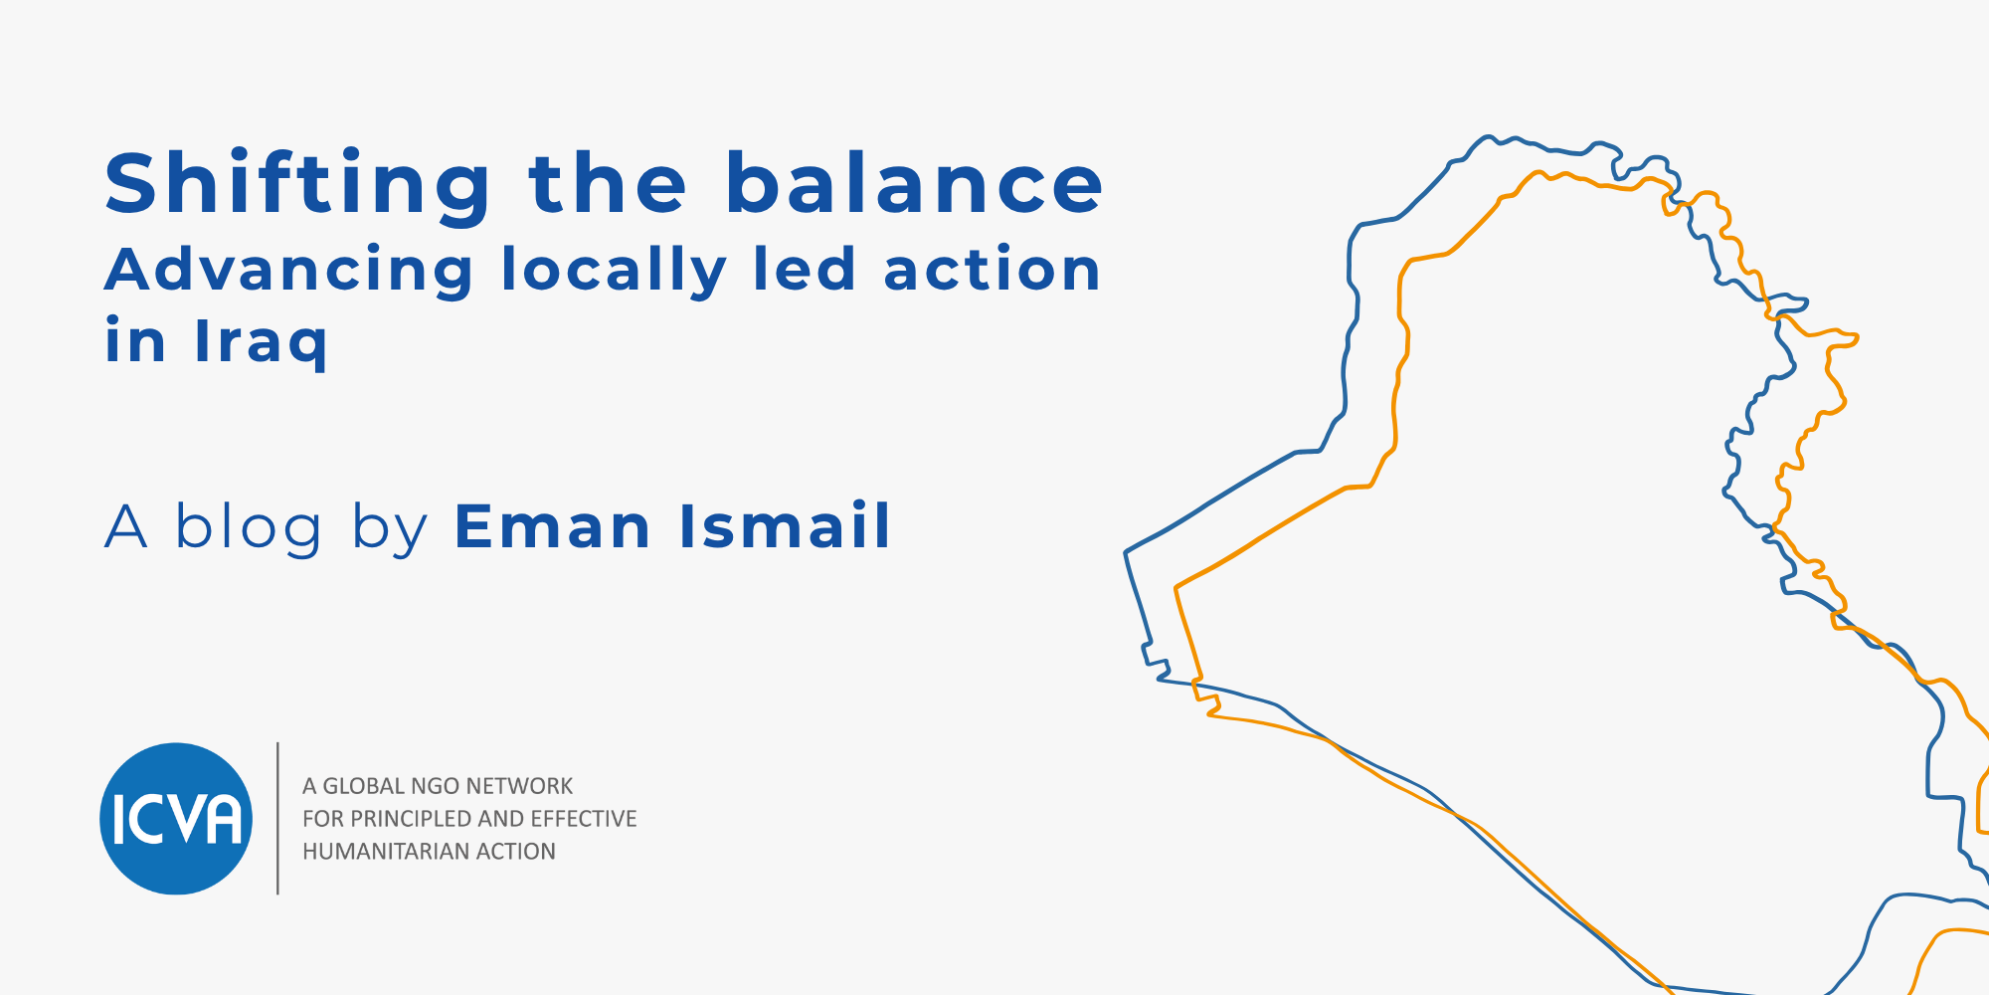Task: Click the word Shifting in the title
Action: coord(298,185)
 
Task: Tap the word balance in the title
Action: coord(914,183)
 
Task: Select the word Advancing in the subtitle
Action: coord(289,271)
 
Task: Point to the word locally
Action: coord(615,271)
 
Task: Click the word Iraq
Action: coord(261,342)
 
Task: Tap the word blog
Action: coord(249,526)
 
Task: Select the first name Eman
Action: coord(553,526)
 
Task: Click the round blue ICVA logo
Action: coord(176,819)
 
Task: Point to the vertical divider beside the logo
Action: coord(277,819)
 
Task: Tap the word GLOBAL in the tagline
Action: coord(364,786)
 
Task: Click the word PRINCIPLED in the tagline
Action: coord(410,819)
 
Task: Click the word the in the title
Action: coord(608,183)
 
